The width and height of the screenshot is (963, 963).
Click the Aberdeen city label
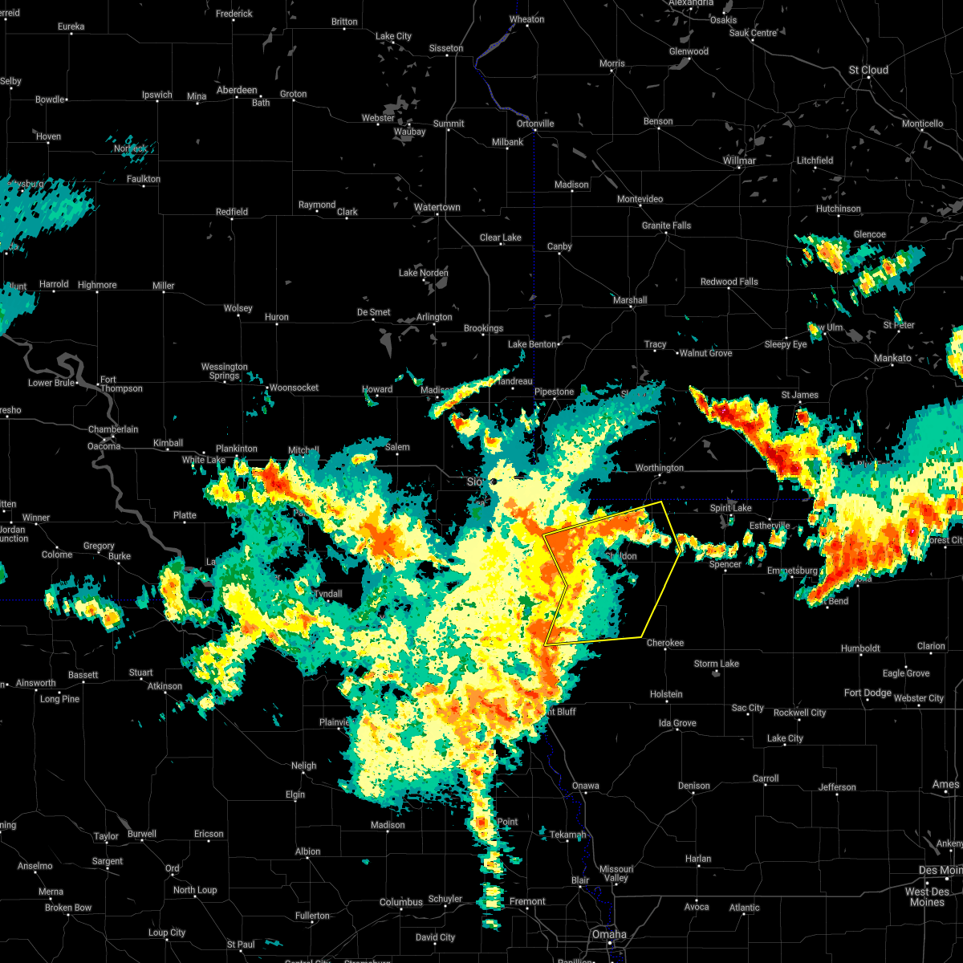coord(237,91)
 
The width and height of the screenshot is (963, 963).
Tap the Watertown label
coord(437,208)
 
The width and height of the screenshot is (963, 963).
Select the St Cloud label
coord(869,71)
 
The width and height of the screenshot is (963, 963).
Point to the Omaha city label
coord(609,934)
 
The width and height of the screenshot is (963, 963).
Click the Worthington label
coord(660,468)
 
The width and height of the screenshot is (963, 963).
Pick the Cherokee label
coord(665,643)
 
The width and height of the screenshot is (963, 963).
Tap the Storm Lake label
coord(717,664)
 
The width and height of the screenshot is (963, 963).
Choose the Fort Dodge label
coord(868,693)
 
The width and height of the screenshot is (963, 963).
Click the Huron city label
coord(277,318)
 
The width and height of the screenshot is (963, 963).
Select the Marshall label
coord(630,300)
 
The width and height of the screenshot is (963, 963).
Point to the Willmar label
coord(739,160)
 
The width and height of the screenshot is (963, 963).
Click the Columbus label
coord(401,902)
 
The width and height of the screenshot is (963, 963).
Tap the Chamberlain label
coord(112,429)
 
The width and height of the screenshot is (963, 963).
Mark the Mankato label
coord(892,358)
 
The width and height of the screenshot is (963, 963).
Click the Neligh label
coord(303,766)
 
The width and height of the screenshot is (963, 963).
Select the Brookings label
coord(483,328)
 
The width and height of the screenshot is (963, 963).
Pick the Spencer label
coord(725,564)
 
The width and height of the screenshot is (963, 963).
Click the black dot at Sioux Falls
coord(495,481)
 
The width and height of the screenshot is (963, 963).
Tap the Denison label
coord(693,786)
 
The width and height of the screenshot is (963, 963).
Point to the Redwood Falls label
coord(729,282)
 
